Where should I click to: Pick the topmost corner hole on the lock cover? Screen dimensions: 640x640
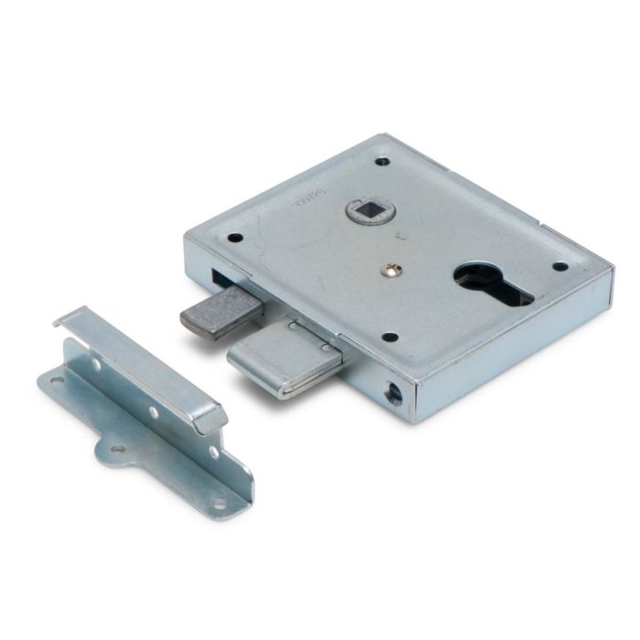point(382,162)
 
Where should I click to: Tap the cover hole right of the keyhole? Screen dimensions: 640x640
point(560,267)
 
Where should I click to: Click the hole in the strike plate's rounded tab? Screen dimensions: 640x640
point(117,449)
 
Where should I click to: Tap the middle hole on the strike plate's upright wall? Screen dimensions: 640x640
point(154,412)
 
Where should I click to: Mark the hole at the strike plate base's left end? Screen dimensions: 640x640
point(57,380)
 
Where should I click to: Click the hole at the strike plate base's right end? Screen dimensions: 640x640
point(219,501)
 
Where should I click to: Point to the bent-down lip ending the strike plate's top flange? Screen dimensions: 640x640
point(212,420)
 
